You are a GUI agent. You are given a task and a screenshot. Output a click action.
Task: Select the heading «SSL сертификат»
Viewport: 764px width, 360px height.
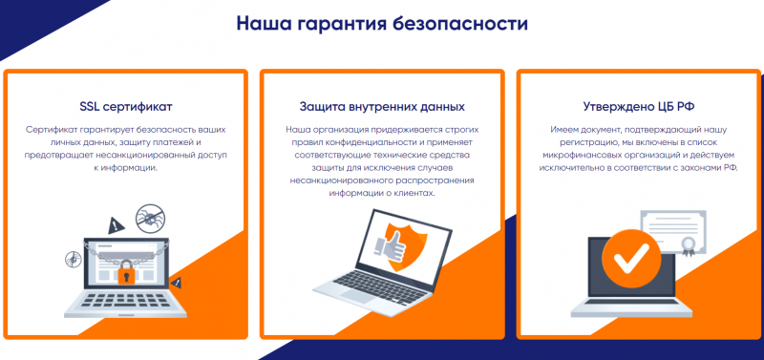[126, 106]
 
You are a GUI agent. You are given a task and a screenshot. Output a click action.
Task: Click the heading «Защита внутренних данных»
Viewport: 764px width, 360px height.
[381, 106]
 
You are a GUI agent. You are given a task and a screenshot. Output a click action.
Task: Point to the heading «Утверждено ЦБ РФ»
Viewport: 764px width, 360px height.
[637, 106]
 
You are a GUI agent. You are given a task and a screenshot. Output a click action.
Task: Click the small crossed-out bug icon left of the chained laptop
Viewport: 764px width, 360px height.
[71, 258]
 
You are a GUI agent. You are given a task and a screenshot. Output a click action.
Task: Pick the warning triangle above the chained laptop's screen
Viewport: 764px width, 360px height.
[115, 225]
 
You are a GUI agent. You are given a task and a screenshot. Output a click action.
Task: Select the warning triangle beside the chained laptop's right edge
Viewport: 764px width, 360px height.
[178, 282]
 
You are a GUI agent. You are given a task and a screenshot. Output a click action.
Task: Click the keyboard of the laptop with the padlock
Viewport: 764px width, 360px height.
[122, 303]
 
